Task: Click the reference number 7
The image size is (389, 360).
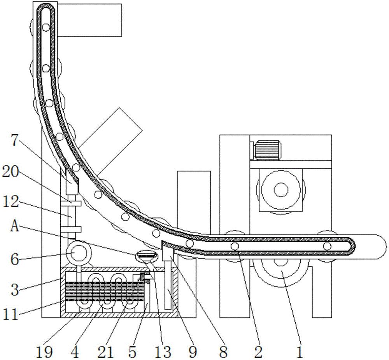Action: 15,140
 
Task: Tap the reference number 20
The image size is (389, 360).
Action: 11,171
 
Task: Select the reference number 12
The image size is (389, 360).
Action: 11,202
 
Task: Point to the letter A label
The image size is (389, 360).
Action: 15,226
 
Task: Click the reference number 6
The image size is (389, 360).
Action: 15,260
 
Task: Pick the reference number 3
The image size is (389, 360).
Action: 15,289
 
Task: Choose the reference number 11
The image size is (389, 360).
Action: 11,315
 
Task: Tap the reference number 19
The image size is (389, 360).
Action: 44,351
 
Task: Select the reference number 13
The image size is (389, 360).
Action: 163,351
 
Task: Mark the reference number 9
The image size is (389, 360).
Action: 193,351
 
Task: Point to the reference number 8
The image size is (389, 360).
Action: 223,351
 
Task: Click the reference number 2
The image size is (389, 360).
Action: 258,351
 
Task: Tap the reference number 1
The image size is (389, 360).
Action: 300,351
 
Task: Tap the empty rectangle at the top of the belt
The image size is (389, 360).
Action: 89,20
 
